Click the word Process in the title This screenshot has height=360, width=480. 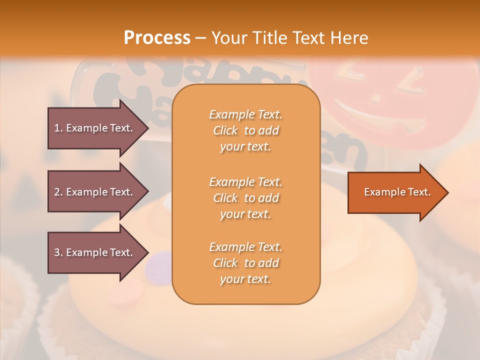[x=157, y=37]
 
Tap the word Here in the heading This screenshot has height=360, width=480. [x=349, y=37]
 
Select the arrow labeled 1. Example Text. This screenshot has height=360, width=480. [x=93, y=128]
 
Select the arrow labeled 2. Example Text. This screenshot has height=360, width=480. [x=93, y=192]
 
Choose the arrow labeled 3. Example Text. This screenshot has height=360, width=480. [x=93, y=252]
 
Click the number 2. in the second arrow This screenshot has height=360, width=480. [x=58, y=192]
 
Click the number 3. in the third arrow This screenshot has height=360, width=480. [x=58, y=252]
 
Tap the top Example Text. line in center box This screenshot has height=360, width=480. [x=245, y=114]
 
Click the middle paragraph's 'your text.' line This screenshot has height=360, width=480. [x=245, y=214]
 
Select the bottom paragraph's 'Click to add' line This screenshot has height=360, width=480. [x=245, y=263]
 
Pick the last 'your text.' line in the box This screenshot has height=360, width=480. [x=245, y=279]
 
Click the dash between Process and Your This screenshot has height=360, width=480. [x=201, y=38]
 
